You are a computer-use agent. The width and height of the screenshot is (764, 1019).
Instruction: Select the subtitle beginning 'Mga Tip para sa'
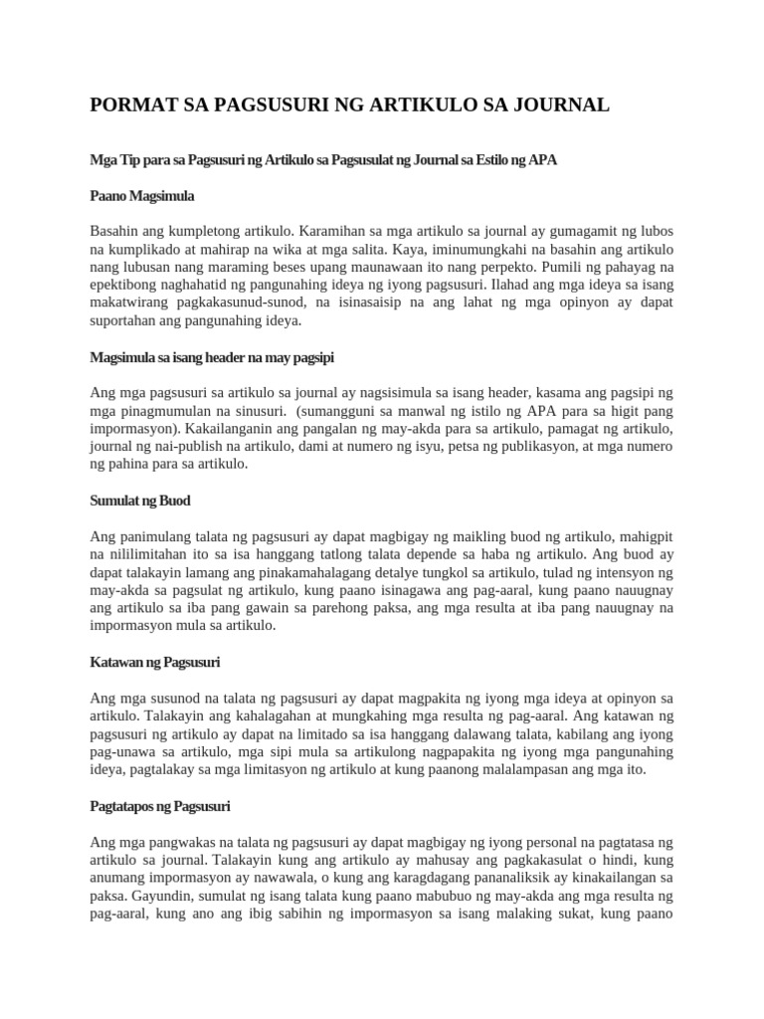(323, 159)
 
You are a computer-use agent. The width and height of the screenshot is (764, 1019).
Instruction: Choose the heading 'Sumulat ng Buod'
(140, 501)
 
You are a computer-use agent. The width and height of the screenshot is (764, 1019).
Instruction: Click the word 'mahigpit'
(637, 536)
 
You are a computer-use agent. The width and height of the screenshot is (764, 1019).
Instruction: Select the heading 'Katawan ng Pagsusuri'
(155, 662)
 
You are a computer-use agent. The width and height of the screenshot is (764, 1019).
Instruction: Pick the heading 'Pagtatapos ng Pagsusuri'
(160, 806)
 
